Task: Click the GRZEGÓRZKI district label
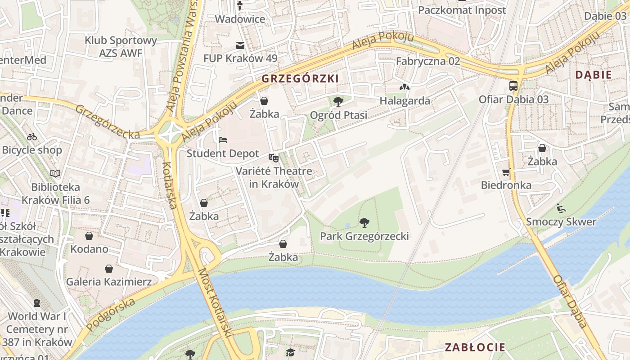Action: point(300,79)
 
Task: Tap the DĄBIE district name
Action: point(594,75)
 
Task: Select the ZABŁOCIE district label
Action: point(475,347)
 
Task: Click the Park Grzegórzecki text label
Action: point(364,236)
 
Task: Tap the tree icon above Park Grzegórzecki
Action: point(364,222)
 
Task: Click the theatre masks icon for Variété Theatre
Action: point(273,158)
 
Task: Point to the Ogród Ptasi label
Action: point(338,115)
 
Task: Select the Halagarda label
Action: point(405,101)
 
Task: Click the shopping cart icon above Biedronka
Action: point(506,172)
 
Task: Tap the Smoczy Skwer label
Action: point(561,221)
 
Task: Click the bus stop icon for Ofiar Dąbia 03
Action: point(513,85)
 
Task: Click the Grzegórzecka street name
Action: point(108,122)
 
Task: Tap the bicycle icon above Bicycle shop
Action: point(32,137)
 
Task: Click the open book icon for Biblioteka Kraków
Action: point(55,173)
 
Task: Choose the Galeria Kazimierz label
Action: point(108,282)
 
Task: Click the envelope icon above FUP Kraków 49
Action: point(240,45)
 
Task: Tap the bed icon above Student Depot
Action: point(223,140)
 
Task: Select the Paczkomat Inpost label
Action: point(462,10)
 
